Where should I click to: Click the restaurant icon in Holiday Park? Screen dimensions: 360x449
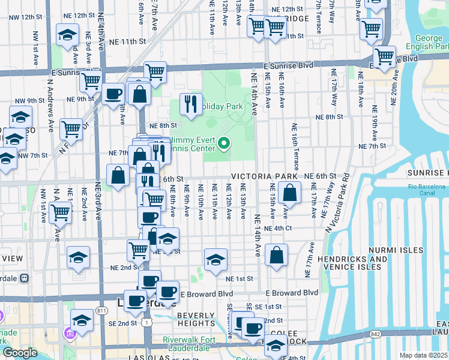(191, 104)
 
